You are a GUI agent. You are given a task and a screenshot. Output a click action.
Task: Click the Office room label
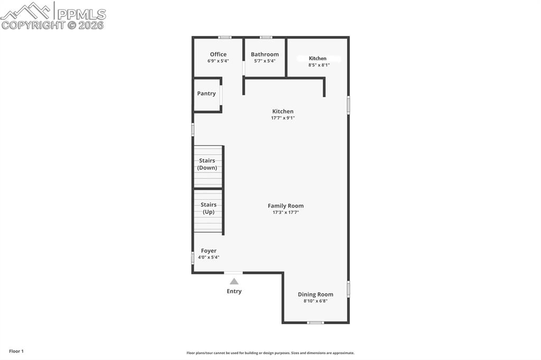(218, 54)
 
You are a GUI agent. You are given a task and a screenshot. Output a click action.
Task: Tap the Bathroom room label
(265, 54)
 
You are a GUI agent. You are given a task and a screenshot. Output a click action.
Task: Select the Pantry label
(207, 93)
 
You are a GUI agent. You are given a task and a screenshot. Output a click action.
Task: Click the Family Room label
(286, 206)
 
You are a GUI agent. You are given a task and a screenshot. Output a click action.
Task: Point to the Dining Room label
(315, 295)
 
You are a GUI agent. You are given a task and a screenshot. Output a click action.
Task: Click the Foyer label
(209, 251)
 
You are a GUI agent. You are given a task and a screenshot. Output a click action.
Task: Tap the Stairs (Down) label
(208, 164)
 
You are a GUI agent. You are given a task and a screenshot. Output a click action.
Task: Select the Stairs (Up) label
(209, 208)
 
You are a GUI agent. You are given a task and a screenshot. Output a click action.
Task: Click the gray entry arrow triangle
(234, 281)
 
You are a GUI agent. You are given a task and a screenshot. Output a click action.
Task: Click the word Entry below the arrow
(234, 291)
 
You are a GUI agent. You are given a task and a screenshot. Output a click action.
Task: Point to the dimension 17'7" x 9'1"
(283, 118)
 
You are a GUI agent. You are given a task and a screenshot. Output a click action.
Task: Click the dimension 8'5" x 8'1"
(319, 65)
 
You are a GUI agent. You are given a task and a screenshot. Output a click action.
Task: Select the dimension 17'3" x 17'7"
(286, 212)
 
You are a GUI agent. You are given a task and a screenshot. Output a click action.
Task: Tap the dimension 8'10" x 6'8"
(315, 301)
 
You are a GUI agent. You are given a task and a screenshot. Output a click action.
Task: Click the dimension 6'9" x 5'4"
(218, 61)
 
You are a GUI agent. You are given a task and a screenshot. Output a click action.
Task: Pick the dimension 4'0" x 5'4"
(209, 257)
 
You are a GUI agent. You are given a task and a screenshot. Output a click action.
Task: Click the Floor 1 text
(16, 351)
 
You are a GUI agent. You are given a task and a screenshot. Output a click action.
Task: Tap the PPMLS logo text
(81, 14)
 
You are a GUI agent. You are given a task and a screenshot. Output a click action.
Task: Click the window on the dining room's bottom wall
(315, 323)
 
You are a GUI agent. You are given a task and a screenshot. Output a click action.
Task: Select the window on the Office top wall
(225, 37)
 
